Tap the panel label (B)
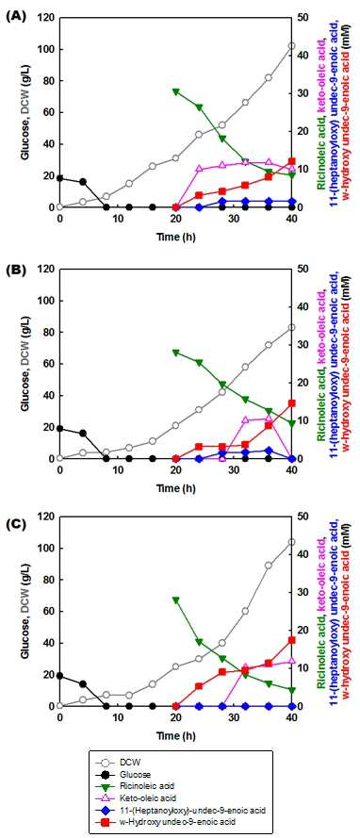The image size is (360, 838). click(13, 270)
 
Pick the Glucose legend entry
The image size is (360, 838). click(151, 774)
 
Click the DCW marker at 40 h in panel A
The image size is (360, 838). click(291, 46)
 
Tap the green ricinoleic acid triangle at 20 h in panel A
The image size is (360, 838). click(175, 91)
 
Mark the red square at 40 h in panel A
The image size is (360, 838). click(291, 161)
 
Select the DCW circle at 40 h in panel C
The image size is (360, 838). click(291, 542)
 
